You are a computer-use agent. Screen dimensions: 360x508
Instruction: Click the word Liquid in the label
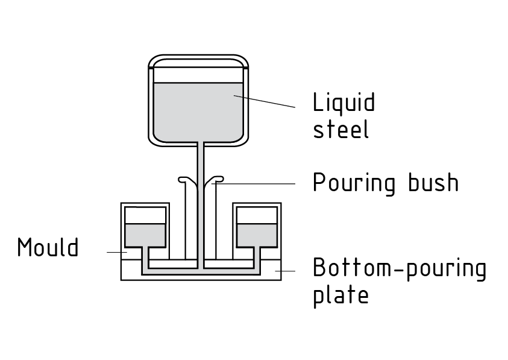[x=343, y=103]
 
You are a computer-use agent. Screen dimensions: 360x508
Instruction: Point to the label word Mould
[x=48, y=247]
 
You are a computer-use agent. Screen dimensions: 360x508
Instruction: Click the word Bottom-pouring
[x=399, y=268]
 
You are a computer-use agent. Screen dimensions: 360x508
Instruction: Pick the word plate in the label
[x=340, y=295]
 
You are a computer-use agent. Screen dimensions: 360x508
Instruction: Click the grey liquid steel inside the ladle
[x=199, y=112]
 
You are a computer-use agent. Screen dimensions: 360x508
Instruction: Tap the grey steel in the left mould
[x=145, y=235]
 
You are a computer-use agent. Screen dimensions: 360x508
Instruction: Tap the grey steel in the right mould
[x=256, y=235]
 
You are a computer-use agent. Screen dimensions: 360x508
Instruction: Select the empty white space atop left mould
[x=145, y=216]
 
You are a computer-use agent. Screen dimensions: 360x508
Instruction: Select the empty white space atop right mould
[x=256, y=216]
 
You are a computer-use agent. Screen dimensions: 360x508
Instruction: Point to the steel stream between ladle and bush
[x=200, y=160]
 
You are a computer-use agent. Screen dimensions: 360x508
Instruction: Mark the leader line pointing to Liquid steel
[x=265, y=101]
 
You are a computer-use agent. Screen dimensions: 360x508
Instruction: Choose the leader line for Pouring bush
[x=259, y=182]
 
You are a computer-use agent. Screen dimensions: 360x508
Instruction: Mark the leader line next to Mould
[x=114, y=251]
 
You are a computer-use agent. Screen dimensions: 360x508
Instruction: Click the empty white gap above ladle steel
[x=199, y=74]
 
